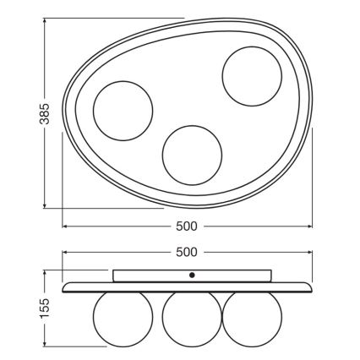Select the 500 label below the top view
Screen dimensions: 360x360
point(187,226)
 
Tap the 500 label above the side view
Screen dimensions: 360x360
point(187,252)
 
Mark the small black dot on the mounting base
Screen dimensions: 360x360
point(191,275)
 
